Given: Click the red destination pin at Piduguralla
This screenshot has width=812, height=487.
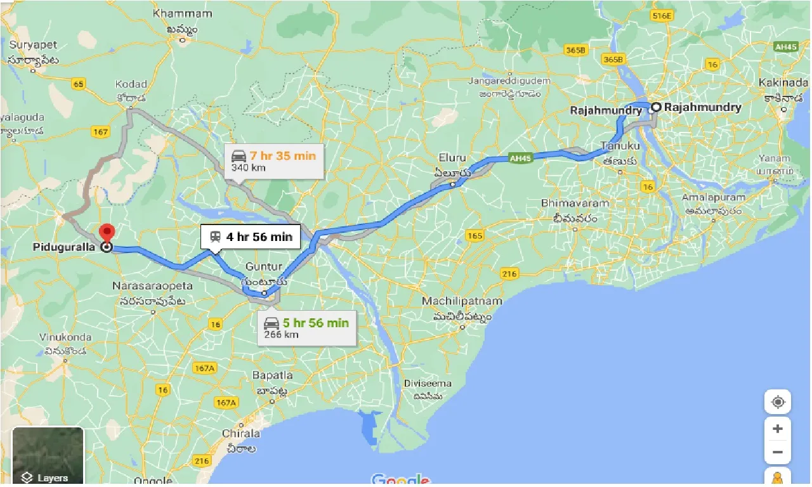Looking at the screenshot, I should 107,233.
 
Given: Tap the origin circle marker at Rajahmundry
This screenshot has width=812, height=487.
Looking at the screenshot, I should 655,107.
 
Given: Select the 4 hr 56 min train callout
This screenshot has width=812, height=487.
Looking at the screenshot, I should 251,237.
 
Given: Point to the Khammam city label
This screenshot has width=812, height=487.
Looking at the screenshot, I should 183,13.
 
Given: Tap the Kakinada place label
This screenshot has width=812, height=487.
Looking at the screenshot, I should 783,83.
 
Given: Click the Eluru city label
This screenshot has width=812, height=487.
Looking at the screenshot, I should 452,157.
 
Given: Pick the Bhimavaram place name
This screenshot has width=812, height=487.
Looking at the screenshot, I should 575,204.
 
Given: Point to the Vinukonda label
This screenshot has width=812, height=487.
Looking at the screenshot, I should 65,337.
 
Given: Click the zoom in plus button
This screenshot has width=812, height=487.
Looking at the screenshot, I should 778,428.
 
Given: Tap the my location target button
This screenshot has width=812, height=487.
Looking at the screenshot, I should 778,402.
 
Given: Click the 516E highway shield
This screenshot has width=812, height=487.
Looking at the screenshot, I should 661,16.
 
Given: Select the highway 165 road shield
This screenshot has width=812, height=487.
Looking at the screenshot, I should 474,235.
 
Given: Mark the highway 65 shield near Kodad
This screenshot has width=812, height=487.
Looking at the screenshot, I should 79,84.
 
